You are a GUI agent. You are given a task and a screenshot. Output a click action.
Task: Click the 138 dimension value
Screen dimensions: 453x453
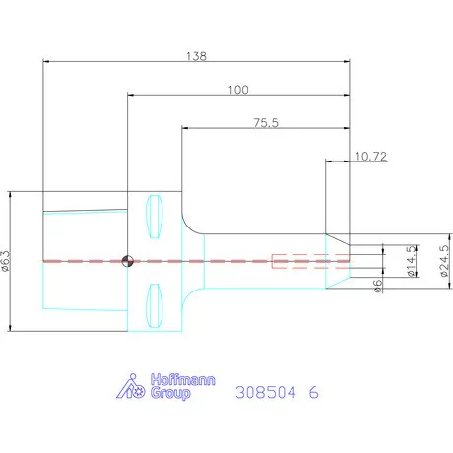click(x=196, y=56)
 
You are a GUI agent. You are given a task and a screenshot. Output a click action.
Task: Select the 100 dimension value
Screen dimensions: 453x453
click(x=238, y=90)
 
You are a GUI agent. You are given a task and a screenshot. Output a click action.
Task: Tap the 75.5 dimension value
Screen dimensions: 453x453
click(x=266, y=123)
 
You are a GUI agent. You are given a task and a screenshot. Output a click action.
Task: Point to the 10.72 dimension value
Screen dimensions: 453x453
click(x=371, y=157)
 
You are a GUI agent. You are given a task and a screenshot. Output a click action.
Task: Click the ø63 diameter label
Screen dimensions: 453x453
click(x=6, y=261)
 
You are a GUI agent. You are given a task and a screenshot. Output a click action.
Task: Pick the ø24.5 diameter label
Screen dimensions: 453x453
click(x=444, y=261)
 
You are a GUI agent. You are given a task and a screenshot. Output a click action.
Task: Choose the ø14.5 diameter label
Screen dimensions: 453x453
click(x=411, y=261)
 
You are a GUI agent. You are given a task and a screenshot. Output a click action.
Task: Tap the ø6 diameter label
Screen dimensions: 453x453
click(x=378, y=286)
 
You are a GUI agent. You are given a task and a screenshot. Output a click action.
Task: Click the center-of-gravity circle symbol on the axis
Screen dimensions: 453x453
click(x=128, y=261)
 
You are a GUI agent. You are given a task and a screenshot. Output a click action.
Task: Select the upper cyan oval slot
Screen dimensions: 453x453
click(x=154, y=217)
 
